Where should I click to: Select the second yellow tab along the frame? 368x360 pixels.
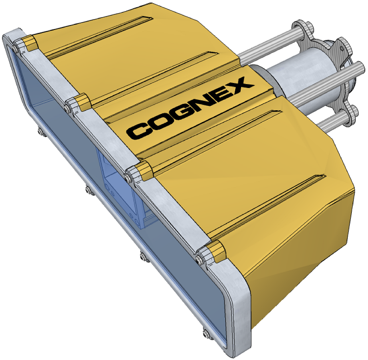point(83,102)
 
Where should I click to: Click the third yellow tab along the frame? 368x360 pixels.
point(143,170)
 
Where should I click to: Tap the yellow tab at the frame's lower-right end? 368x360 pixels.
point(215,251)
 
